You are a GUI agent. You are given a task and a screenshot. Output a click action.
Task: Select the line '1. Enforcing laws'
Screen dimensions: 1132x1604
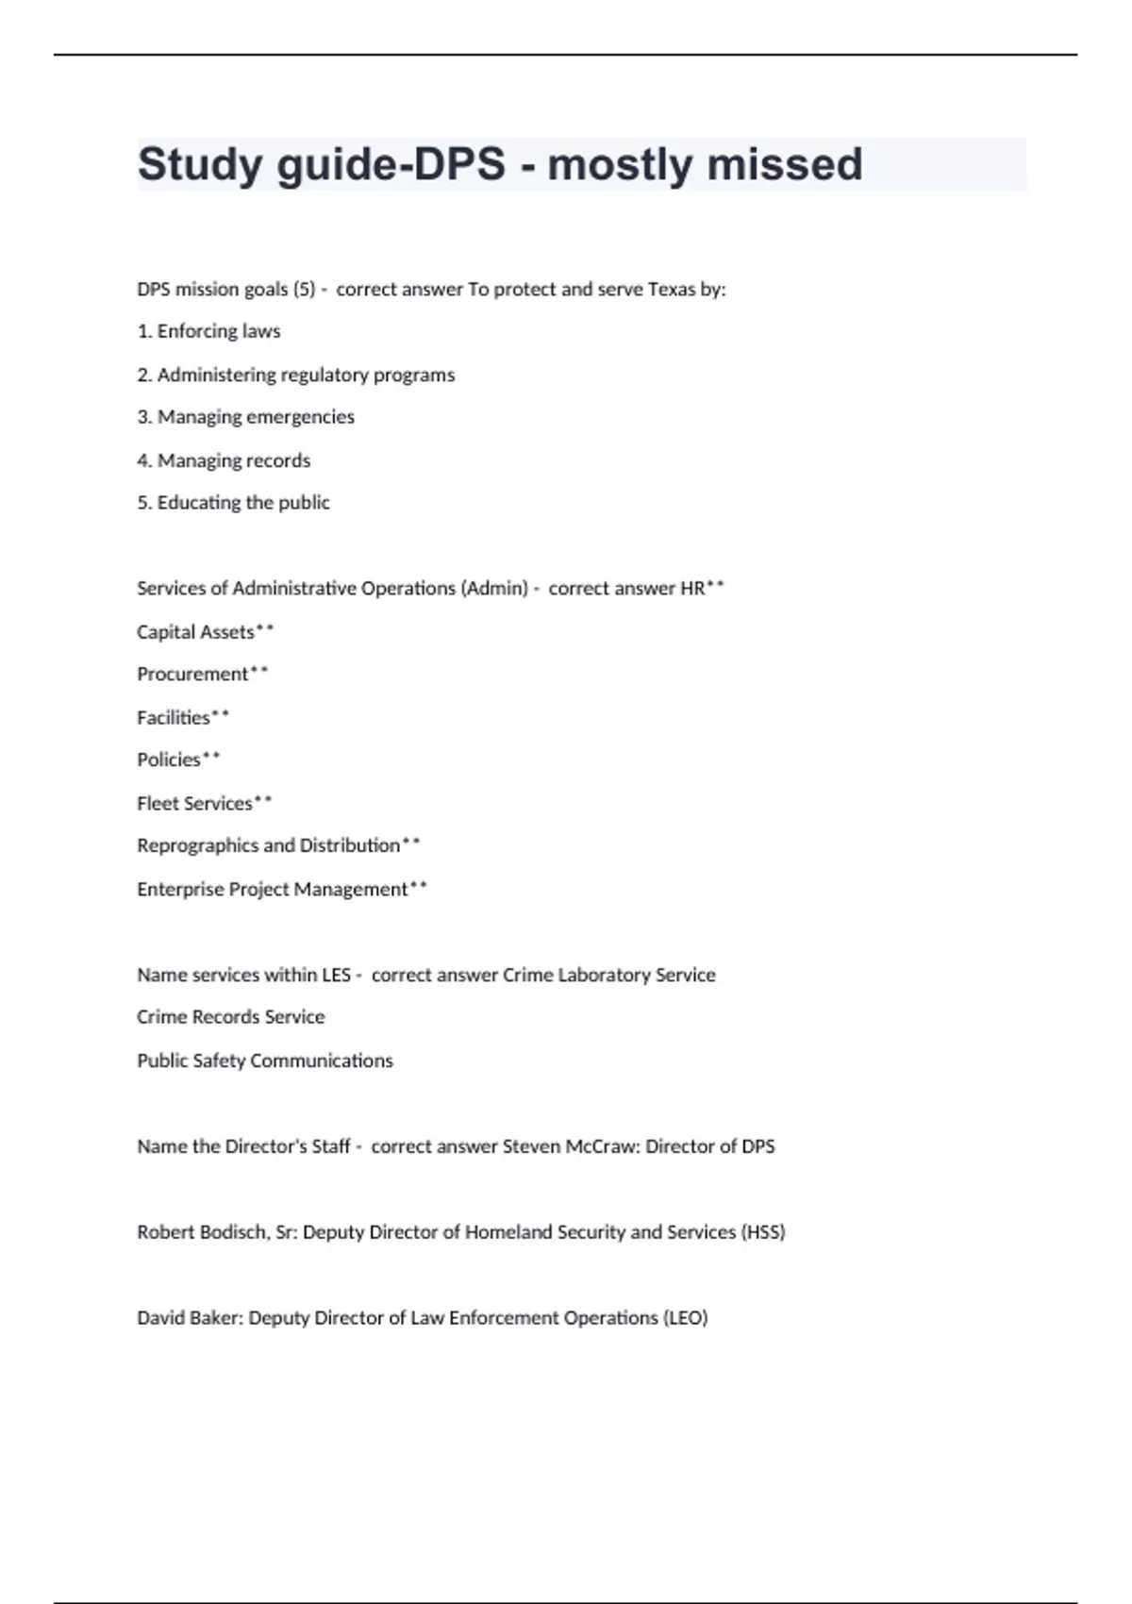coord(208,331)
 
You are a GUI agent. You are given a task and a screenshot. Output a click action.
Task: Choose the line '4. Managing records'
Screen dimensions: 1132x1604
coord(224,460)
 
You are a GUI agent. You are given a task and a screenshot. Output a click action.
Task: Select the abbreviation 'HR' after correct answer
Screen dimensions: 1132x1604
coord(692,589)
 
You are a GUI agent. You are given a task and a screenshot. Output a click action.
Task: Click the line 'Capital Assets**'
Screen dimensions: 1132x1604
coord(205,632)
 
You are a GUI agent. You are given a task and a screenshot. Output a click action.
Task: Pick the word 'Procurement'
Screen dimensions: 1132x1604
coord(192,675)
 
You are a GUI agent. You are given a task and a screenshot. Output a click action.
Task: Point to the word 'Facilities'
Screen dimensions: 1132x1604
coord(174,718)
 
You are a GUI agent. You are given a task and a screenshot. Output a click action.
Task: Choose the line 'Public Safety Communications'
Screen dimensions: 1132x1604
coord(264,1061)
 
